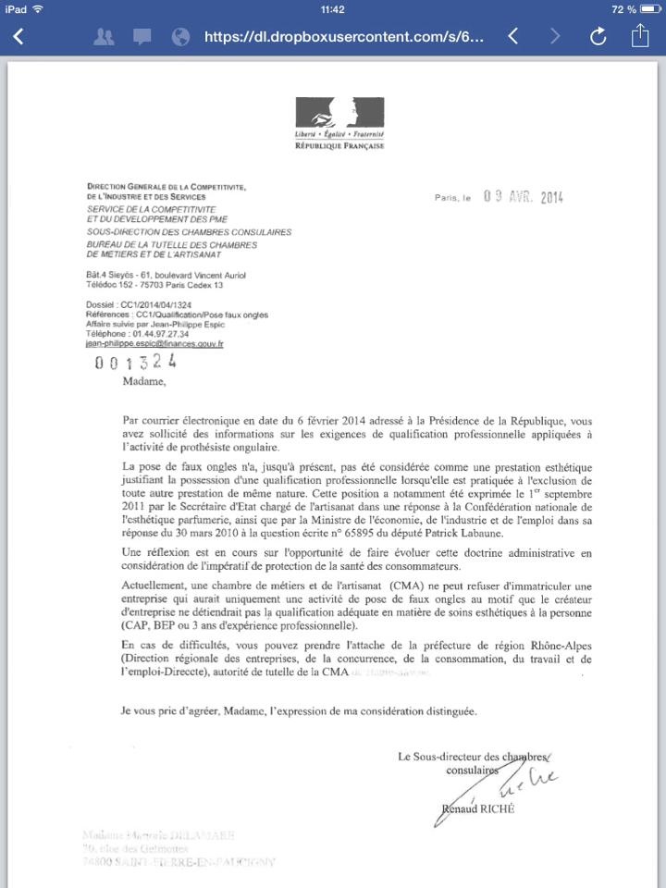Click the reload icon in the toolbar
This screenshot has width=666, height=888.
598,37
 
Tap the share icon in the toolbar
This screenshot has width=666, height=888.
640,36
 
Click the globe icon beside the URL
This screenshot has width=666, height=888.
181,37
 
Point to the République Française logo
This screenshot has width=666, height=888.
339,123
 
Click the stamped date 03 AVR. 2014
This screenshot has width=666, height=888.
523,197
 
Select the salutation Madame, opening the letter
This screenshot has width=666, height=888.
142,380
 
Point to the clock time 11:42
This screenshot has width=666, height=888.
332,9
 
